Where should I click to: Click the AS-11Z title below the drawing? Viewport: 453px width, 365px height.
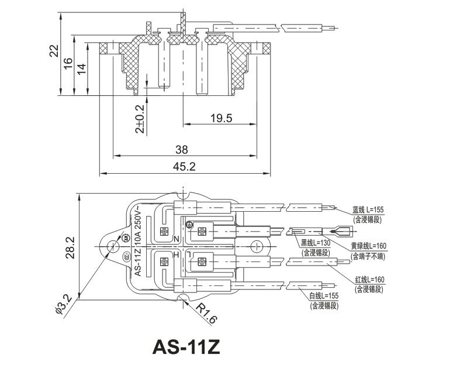click(x=185, y=347)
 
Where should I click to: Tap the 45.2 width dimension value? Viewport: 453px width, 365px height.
click(x=184, y=167)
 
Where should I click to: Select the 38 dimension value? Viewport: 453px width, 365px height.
click(x=182, y=150)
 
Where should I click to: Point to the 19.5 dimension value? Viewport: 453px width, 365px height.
click(x=221, y=118)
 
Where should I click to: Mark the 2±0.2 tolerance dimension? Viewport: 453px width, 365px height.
click(x=140, y=119)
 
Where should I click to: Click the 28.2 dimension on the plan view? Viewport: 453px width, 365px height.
click(x=70, y=247)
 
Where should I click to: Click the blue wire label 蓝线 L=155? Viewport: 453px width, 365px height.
click(x=368, y=209)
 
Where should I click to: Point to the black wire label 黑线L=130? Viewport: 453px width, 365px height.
click(x=316, y=243)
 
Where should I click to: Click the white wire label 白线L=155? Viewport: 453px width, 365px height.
click(x=324, y=296)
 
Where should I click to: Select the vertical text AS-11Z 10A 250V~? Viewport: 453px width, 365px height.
click(x=139, y=241)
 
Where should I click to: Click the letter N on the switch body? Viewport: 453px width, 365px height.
click(x=176, y=239)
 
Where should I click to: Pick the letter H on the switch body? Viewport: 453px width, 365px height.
click(x=175, y=256)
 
